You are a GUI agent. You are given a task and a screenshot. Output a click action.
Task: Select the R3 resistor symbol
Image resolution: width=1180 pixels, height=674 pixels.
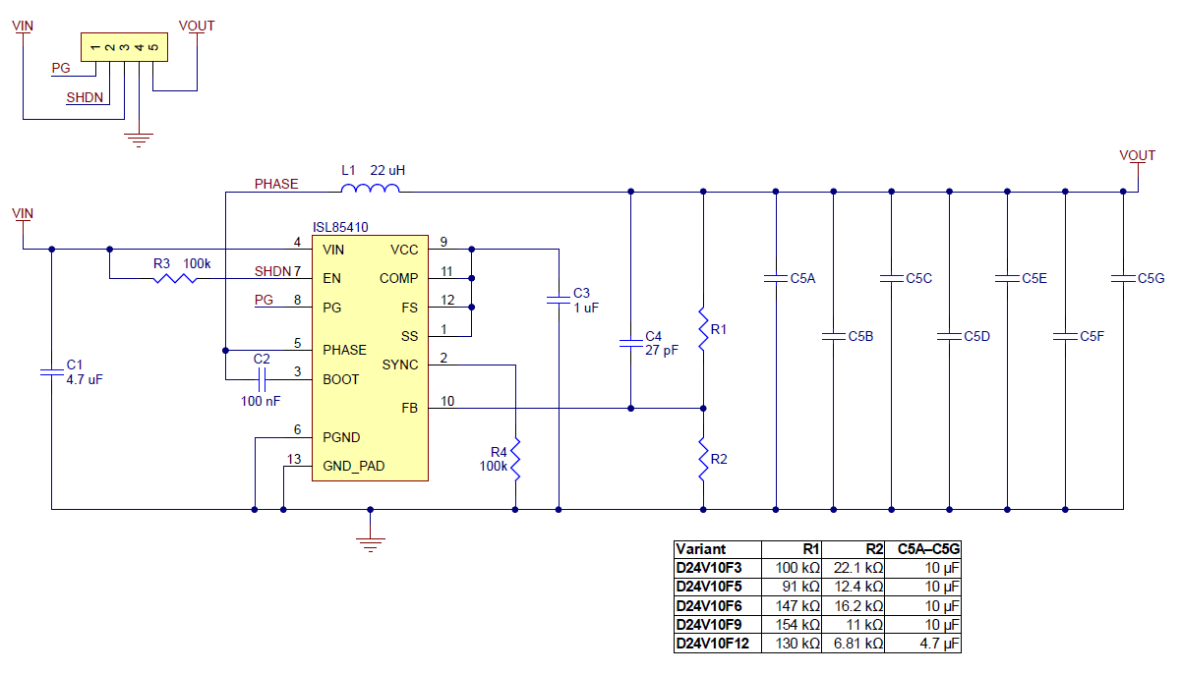click(x=174, y=279)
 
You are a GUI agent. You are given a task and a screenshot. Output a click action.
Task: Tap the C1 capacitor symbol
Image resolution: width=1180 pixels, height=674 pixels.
click(x=51, y=371)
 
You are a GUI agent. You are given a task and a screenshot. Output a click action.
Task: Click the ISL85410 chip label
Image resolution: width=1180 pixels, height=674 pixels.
click(x=340, y=227)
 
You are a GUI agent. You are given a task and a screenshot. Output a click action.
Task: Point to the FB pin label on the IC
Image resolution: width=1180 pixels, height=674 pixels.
click(x=409, y=408)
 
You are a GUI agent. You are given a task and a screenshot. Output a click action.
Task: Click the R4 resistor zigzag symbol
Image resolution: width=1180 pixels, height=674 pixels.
click(x=515, y=460)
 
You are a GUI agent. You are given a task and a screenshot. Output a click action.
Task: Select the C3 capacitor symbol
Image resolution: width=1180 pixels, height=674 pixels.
click(x=558, y=304)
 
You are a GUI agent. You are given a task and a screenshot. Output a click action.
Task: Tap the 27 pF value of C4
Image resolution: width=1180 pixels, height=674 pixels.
click(x=662, y=350)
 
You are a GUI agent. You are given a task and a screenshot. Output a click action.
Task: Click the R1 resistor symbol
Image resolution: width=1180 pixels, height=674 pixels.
click(x=703, y=329)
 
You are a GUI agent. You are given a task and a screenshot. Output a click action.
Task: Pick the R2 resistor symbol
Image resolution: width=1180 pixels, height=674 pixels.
click(x=703, y=459)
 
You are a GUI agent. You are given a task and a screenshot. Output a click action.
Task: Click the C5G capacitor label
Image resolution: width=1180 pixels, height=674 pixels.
click(x=1150, y=279)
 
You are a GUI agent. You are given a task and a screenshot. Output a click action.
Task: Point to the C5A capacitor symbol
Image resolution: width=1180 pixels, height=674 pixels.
click(x=776, y=279)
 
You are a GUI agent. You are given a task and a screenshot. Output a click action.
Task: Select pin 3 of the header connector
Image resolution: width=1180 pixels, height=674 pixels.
click(x=124, y=46)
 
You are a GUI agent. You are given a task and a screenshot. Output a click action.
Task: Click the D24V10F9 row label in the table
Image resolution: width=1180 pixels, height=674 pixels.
click(x=709, y=625)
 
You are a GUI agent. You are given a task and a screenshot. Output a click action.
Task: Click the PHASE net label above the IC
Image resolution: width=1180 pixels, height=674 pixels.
click(x=276, y=184)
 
